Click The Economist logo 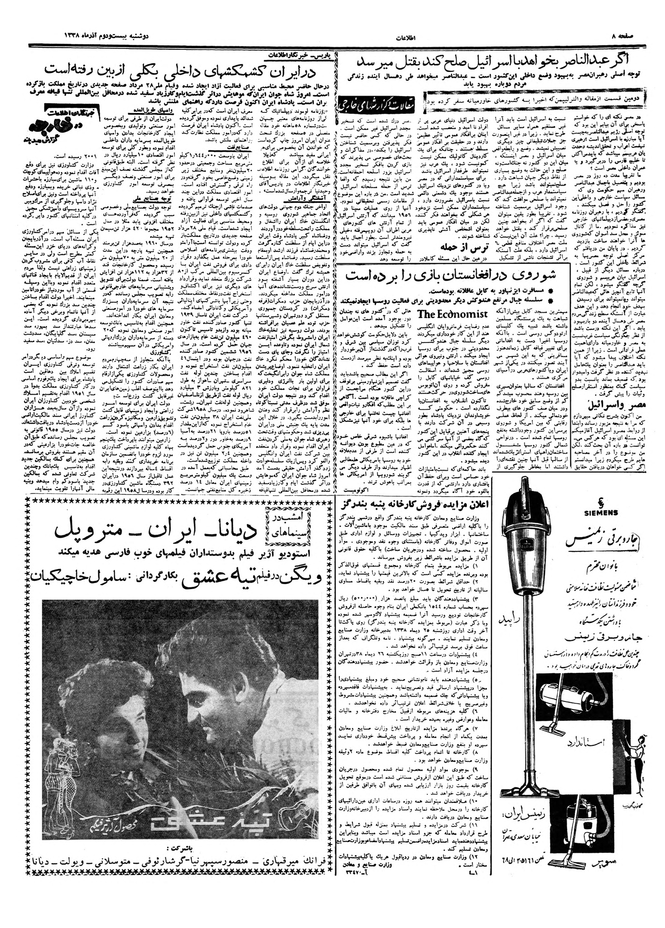point(452,314)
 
